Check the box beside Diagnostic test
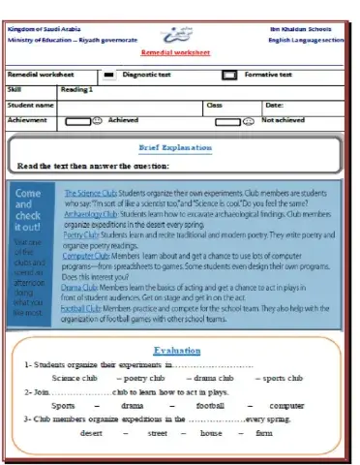coord(109,74)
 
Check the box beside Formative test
coord(228,74)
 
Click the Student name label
coord(30,104)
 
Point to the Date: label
coord(274,104)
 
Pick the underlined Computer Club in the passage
coord(87,254)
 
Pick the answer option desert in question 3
coord(91,433)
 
